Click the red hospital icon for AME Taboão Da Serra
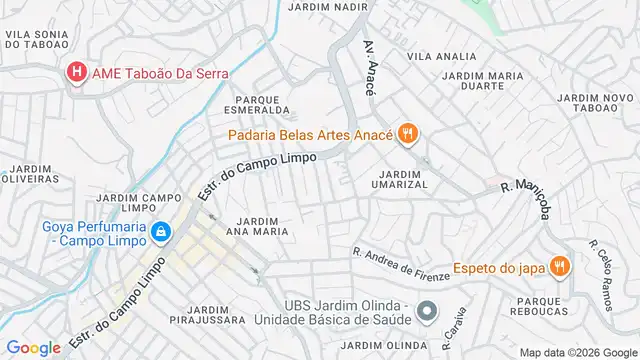point(76,73)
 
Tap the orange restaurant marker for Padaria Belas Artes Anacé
point(407,133)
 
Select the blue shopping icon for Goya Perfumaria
point(163,234)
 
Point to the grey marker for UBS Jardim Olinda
point(427,311)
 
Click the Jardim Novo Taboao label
point(595,103)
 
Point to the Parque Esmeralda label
point(263,105)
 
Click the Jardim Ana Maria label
point(262,225)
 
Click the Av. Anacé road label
point(372,62)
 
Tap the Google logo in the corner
point(33,348)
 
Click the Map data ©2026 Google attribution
point(577,351)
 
